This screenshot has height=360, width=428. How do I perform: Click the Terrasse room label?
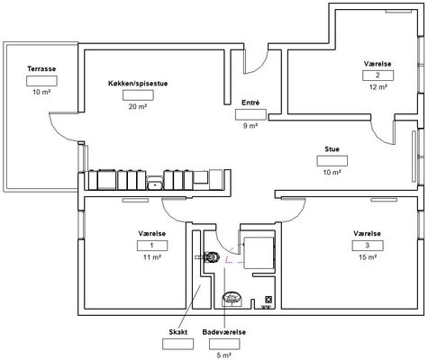[x=41, y=68]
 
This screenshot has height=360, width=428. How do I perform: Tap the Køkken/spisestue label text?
[x=138, y=84]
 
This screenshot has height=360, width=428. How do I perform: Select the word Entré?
[x=250, y=103]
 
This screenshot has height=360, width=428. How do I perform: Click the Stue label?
[x=332, y=149]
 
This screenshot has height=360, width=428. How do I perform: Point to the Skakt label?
[x=178, y=332]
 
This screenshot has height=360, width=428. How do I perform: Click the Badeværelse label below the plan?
[x=224, y=332]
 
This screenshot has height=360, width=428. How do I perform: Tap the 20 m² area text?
[x=138, y=106]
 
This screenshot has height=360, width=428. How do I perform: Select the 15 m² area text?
[x=368, y=257]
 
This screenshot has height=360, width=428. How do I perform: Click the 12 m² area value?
[x=378, y=87]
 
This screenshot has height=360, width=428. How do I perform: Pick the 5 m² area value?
[x=224, y=355]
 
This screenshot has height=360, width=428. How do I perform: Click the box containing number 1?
[x=152, y=246]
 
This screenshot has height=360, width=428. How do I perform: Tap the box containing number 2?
[x=378, y=76]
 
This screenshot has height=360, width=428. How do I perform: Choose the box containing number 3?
[x=368, y=246]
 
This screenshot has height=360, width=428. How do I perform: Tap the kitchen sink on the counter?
[x=155, y=183]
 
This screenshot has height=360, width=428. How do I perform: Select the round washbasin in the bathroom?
[x=232, y=299]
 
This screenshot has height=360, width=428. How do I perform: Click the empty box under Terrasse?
[x=41, y=81]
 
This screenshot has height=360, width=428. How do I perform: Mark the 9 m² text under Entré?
[x=250, y=126]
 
